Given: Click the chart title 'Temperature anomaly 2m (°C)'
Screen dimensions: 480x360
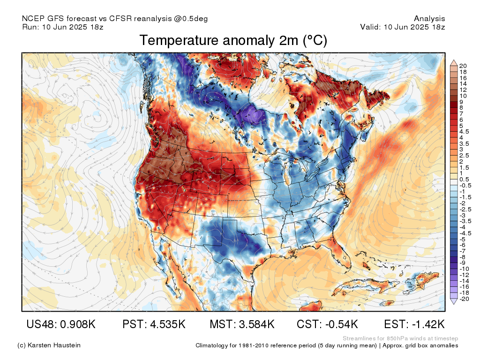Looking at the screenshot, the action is coord(233,40).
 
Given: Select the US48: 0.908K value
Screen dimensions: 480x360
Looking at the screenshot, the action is coord(61,324).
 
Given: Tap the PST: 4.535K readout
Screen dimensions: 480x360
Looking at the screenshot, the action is coord(154,324).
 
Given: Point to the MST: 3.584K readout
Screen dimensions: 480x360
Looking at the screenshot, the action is coord(242,324).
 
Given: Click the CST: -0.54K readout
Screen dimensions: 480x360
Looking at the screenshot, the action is coord(327,324).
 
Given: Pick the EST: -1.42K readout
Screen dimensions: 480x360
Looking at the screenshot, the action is coord(414,324).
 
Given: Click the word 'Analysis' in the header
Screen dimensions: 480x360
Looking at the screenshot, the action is coord(429,19).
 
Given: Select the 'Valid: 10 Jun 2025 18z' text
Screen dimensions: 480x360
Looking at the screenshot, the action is coord(403,27).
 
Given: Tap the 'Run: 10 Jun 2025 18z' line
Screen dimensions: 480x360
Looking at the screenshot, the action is coord(63,27).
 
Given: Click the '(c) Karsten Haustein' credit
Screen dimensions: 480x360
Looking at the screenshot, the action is coord(49,345).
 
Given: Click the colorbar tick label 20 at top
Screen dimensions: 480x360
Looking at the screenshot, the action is coord(463,66).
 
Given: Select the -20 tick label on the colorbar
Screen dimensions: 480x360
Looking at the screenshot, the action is coord(464,299).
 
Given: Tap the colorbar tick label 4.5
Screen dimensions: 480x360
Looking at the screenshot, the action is coord(464,132).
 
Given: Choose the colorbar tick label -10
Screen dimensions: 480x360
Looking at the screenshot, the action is coord(464,269).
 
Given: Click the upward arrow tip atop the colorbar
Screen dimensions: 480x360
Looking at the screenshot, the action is coord(454,60).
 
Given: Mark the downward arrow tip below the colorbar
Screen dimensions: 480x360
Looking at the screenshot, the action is coord(454,304).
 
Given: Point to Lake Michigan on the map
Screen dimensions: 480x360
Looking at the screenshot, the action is coord(287,177).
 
